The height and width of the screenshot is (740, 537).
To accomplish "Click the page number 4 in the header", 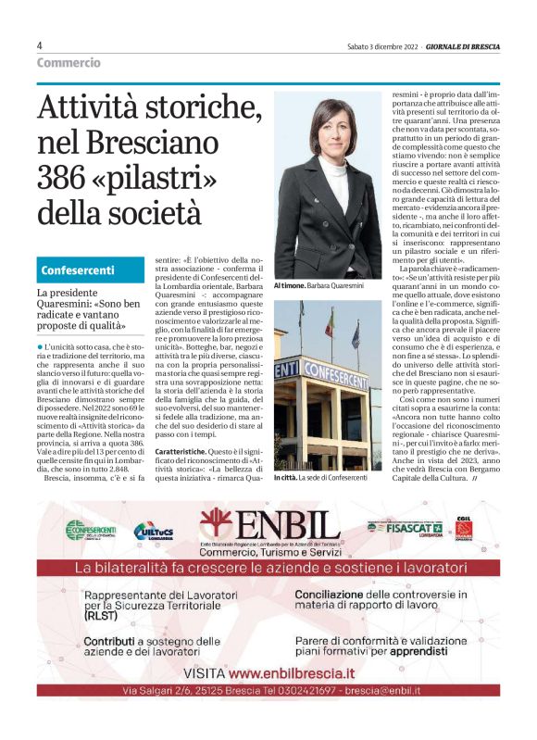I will (40, 45).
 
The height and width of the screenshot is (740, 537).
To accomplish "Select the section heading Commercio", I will (69, 63).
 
